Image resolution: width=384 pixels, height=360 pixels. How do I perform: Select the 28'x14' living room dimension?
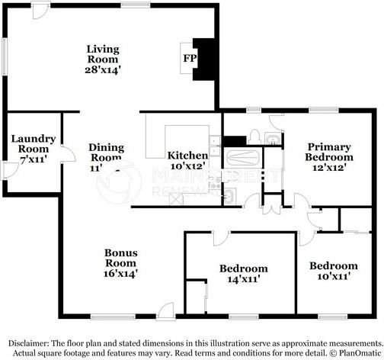[102, 69]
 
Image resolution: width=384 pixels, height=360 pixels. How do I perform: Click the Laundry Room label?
[33, 143]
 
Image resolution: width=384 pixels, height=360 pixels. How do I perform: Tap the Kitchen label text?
[187, 155]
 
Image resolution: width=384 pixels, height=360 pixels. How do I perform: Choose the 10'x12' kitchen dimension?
[187, 166]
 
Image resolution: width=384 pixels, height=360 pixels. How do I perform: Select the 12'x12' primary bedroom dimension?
[329, 167]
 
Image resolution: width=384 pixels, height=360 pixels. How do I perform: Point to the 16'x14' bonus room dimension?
[121, 272]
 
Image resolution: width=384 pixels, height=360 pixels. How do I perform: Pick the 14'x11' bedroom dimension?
[243, 280]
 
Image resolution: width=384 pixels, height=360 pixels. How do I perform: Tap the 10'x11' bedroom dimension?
[333, 278]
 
